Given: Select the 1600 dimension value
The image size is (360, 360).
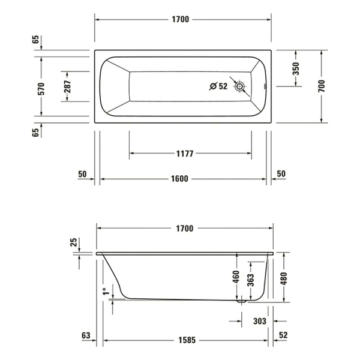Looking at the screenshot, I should (180, 179).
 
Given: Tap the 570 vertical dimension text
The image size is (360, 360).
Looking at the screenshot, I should (41, 89).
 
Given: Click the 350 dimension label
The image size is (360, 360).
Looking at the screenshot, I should (295, 68).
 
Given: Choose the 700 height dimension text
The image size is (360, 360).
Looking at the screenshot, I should (322, 85).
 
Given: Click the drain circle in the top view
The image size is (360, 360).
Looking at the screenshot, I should (241, 86).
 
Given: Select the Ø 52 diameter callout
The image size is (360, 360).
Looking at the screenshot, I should (218, 86).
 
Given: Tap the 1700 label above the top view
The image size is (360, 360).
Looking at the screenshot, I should (180, 20).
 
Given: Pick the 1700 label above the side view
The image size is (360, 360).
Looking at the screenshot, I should (184, 229).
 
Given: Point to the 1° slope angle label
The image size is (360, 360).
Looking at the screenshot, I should (106, 291).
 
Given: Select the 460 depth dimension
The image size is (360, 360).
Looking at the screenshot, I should (236, 277).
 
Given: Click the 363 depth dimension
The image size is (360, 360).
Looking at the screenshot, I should (251, 280).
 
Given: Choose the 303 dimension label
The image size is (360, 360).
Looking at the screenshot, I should (259, 322).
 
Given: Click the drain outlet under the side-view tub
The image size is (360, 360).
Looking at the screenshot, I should (242, 303).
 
